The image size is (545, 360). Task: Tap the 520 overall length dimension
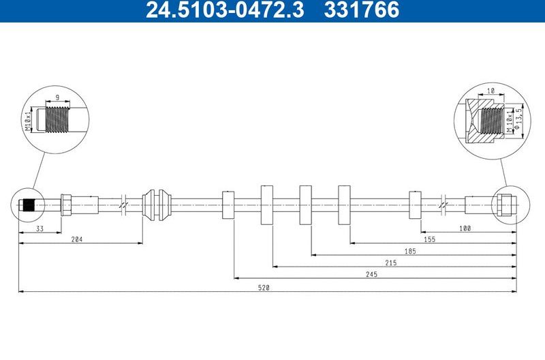[264, 288]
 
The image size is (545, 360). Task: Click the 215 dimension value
[391, 262]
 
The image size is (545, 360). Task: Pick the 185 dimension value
[410, 251]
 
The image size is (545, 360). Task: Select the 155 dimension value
[429, 239]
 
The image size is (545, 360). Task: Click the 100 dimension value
[465, 228]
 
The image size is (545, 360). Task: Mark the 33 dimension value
[40, 228]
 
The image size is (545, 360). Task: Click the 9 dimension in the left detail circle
[57, 97]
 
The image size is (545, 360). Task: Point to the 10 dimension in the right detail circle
[490, 91]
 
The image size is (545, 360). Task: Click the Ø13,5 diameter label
[518, 119]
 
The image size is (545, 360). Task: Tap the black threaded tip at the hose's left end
[28, 204]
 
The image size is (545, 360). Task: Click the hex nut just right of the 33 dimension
[66, 204]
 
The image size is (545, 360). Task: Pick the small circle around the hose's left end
[29, 204]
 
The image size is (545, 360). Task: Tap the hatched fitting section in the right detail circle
[477, 119]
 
